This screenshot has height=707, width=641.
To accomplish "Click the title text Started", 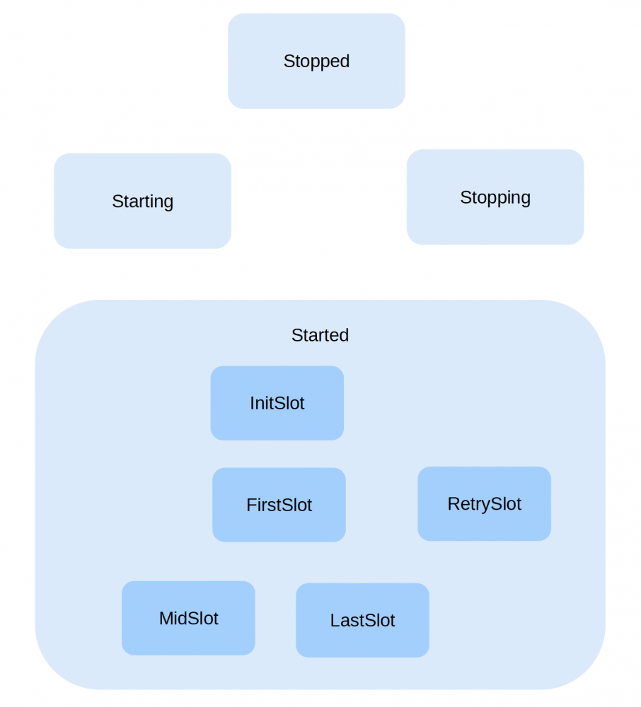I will (x=320, y=335).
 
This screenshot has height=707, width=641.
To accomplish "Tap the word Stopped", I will (x=316, y=62).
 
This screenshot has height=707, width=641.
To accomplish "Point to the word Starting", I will (x=142, y=201).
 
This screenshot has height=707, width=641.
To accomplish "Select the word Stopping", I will (x=495, y=197).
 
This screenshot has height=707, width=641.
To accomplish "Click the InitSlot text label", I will (x=277, y=404).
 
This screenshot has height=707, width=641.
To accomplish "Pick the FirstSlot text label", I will (x=279, y=506).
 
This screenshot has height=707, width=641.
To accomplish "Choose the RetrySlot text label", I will (x=484, y=504).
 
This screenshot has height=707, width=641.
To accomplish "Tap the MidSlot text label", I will (x=188, y=619).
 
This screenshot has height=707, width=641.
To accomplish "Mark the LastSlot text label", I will (x=362, y=621).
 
